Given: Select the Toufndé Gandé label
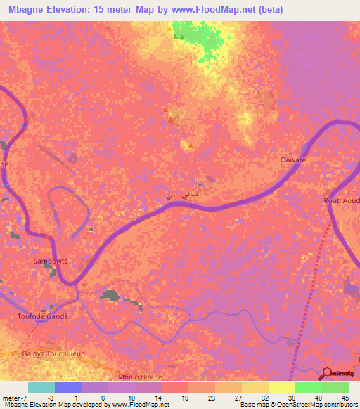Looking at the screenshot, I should pyautogui.click(x=42, y=316).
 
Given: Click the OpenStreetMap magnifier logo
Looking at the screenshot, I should pyautogui.click(x=326, y=374).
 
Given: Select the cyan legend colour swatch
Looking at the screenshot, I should pyautogui.click(x=41, y=387).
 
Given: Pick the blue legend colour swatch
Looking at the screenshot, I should pyautogui.click(x=68, y=387).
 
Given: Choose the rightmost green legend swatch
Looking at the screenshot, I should pyautogui.click(x=335, y=387).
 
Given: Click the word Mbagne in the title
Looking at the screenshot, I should pyautogui.click(x=20, y=9).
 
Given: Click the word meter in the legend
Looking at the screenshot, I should pyautogui.click(x=11, y=398).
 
